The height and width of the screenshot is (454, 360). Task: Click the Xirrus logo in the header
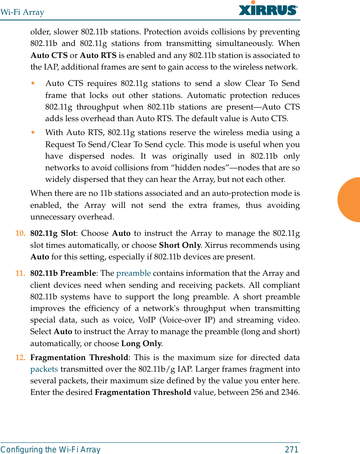268,9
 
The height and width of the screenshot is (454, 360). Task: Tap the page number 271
291,450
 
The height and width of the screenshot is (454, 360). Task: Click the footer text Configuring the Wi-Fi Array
50,450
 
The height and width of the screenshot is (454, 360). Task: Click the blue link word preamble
133,273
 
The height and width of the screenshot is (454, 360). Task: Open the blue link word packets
44,369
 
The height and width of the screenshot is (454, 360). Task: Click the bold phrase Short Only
179,245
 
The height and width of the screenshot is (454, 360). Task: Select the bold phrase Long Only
141,344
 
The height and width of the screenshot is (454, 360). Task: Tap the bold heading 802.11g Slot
53,233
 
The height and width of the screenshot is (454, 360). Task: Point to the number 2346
290,392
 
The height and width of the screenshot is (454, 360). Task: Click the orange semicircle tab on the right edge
350,200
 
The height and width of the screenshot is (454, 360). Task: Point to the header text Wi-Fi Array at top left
22,12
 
